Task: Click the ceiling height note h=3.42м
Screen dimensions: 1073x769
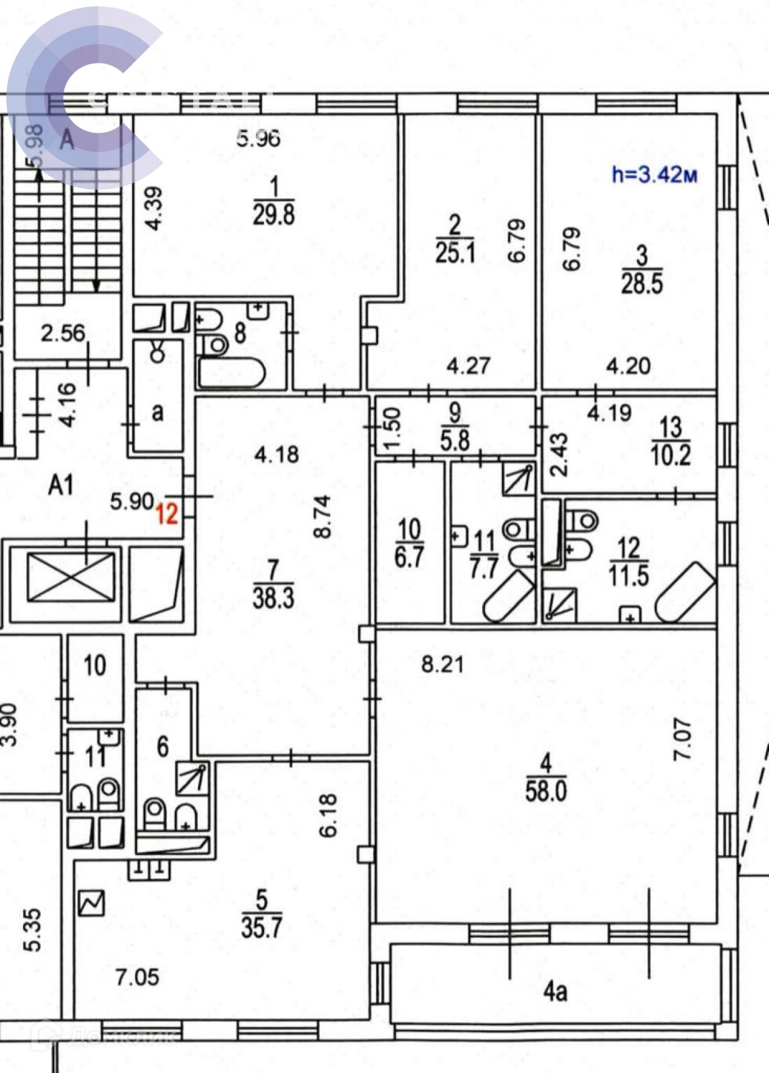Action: click(654, 175)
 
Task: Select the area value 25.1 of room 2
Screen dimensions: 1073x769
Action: click(455, 253)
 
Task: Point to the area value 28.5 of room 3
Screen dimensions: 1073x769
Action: click(641, 283)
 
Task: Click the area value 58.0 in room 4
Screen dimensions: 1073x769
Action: click(546, 791)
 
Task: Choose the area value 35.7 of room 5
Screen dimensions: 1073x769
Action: click(261, 927)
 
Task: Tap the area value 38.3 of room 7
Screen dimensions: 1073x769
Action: click(274, 598)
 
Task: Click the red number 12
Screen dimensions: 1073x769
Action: click(167, 513)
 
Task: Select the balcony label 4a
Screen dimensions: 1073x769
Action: click(555, 992)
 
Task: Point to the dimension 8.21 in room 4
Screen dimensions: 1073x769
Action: click(442, 664)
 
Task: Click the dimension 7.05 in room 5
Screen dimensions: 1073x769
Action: click(137, 977)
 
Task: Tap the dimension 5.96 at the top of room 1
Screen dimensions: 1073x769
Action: click(258, 138)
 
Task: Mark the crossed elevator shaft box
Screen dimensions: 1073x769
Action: click(71, 578)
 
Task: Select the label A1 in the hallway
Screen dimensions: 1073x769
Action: click(61, 485)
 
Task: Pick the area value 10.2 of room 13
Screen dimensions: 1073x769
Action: click(670, 456)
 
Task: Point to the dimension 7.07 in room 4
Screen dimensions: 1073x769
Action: click(684, 738)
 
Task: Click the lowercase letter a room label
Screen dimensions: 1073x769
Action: click(158, 412)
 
